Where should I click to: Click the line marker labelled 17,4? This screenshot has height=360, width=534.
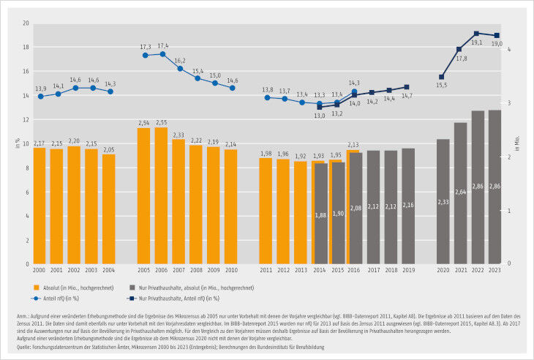(162, 54)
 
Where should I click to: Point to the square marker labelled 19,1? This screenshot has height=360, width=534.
(476, 34)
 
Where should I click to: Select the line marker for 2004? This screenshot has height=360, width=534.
(110, 91)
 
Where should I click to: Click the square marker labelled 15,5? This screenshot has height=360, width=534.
(442, 77)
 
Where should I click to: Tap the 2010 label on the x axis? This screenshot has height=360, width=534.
(232, 271)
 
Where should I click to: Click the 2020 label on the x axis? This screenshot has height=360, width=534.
(442, 271)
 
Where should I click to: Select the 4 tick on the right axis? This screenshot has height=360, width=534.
(508, 49)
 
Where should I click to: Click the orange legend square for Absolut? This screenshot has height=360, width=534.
(37, 288)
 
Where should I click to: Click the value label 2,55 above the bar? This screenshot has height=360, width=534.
(162, 122)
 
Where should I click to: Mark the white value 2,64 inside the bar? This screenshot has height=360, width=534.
(459, 192)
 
